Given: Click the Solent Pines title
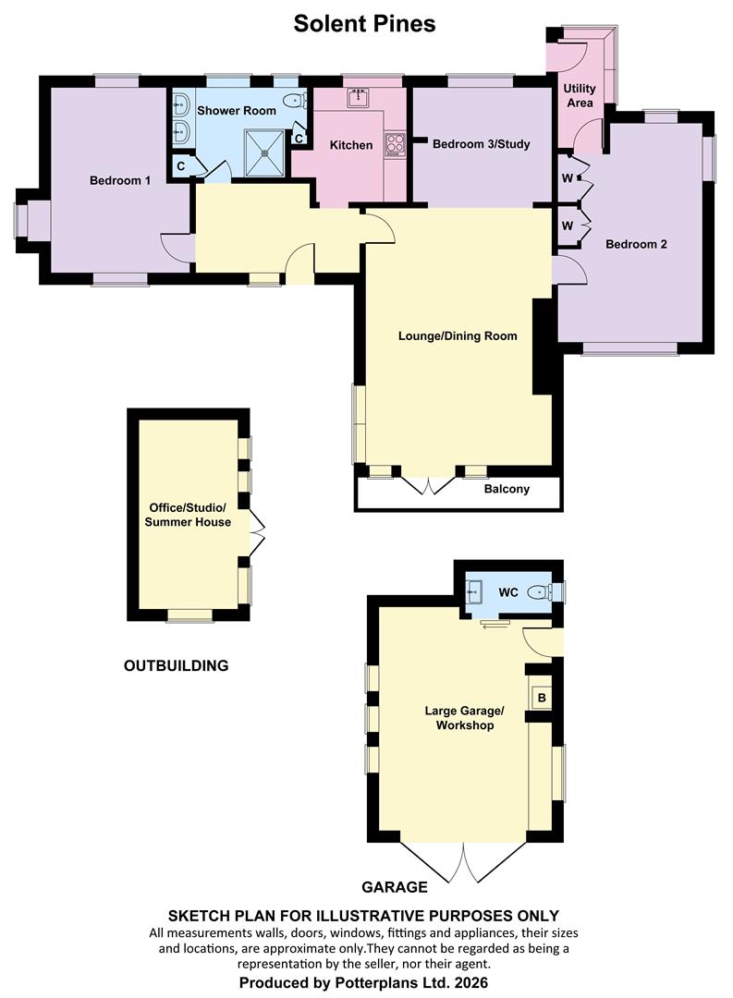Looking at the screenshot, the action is coord(364,23).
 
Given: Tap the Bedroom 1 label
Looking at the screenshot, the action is coord(120,181).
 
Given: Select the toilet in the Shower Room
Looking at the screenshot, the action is coord(295,101).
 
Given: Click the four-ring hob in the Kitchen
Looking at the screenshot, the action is coord(395,145).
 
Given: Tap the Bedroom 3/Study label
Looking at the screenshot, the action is coord(481,144).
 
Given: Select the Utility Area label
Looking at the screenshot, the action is coord(580,95).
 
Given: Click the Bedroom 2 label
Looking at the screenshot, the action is coord(636,244).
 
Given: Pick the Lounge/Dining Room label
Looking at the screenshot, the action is coord(458,336).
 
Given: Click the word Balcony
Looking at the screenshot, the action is coord(507,490).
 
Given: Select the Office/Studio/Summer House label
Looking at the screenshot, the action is coord(188,515).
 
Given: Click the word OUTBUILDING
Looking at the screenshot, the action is coord(176,665).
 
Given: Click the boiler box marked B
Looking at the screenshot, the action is coord(542,699).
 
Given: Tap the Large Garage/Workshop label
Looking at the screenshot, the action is coord(464,718).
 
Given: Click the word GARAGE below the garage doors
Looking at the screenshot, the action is coord(394,886).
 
